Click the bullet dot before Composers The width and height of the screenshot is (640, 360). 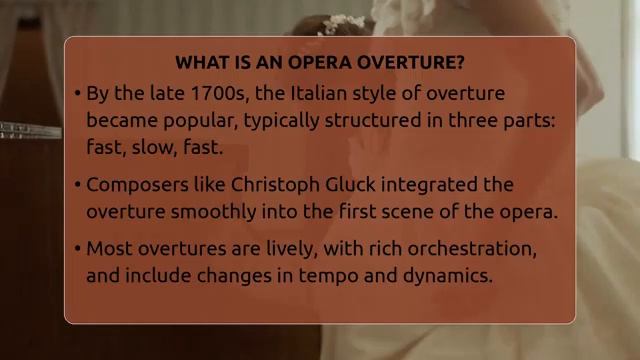tap(77, 186)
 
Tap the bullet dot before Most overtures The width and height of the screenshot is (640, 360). tap(77, 249)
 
